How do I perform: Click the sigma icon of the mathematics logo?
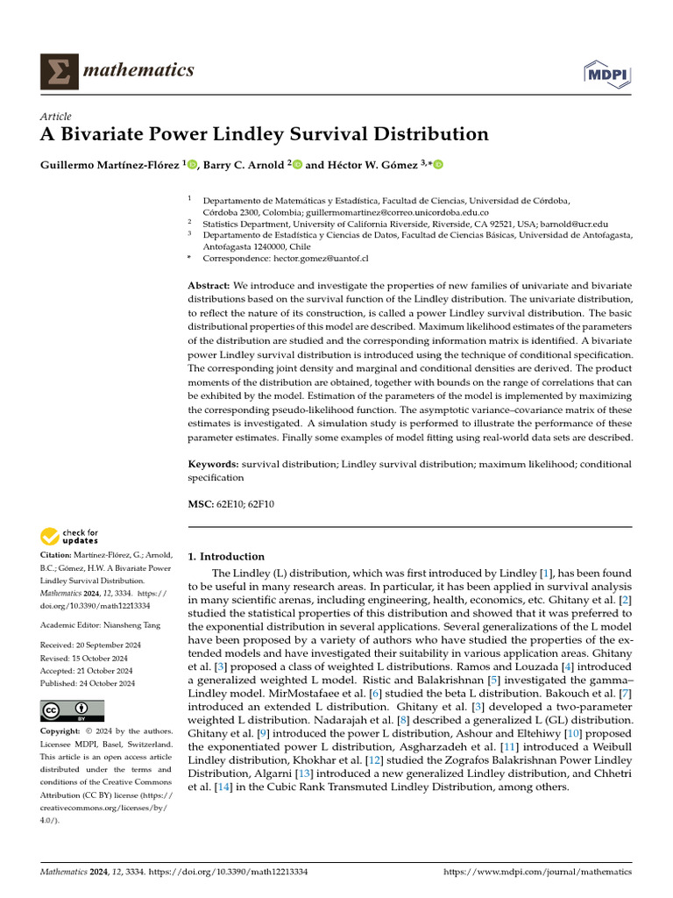click(57, 70)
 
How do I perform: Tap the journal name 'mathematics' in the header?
click(138, 70)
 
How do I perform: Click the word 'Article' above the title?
click(56, 117)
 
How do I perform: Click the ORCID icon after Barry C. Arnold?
click(296, 164)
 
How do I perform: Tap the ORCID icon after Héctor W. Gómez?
click(438, 164)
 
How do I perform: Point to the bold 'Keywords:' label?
click(214, 463)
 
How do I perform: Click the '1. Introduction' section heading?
click(227, 556)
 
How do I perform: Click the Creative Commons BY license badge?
click(72, 710)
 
